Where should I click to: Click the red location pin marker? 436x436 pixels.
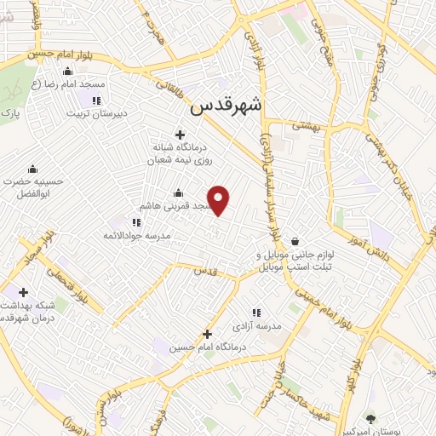coord(220,199)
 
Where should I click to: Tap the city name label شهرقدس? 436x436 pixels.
coord(227,106)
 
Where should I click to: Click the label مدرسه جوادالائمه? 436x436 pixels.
coord(137,235)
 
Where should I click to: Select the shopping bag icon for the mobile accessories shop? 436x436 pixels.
coord(294,241)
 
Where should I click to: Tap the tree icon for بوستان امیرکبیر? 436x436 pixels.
coord(370,418)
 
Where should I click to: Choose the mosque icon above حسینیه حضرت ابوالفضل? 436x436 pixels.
coord(33,168)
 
